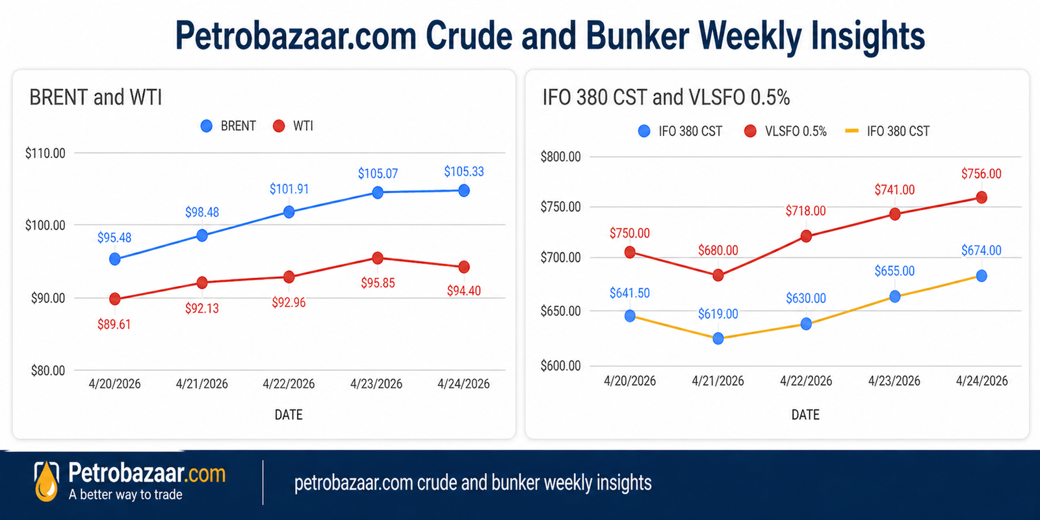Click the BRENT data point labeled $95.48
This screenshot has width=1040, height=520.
(115, 259)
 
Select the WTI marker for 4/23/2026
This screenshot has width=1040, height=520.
(378, 258)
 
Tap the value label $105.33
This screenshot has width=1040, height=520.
(464, 172)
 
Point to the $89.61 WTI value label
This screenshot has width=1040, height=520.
(114, 324)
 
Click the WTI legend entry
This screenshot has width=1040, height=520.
(293, 126)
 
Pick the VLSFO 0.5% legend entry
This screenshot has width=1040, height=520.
(786, 131)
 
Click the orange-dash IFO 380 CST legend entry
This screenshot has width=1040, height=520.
(887, 131)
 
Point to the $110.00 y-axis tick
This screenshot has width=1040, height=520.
(45, 153)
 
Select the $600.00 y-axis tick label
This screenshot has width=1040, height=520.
(560, 366)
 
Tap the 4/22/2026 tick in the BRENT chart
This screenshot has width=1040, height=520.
(289, 384)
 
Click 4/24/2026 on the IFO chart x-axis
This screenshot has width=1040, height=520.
(981, 381)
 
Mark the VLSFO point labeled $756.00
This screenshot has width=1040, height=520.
(981, 197)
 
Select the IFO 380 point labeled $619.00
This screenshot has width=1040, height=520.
(718, 338)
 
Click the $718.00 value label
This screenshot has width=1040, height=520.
(805, 211)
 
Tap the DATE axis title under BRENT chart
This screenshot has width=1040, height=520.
(289, 415)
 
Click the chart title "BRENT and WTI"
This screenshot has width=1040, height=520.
(96, 97)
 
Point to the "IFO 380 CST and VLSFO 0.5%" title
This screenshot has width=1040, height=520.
(666, 97)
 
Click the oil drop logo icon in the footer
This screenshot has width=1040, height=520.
(46, 482)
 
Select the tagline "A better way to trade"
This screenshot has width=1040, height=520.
(125, 495)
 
